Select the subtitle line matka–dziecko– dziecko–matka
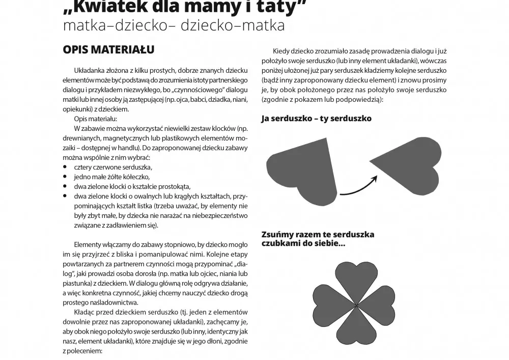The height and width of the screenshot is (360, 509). [x=173, y=25]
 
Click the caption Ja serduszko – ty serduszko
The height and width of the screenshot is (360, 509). [x=316, y=119]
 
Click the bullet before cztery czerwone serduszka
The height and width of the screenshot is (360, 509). [x=65, y=167]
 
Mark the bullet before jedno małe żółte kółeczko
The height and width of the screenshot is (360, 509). [x=65, y=177]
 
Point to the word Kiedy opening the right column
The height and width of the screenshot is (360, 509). [x=282, y=51]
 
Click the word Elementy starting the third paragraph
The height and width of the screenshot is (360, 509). [x=90, y=244]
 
